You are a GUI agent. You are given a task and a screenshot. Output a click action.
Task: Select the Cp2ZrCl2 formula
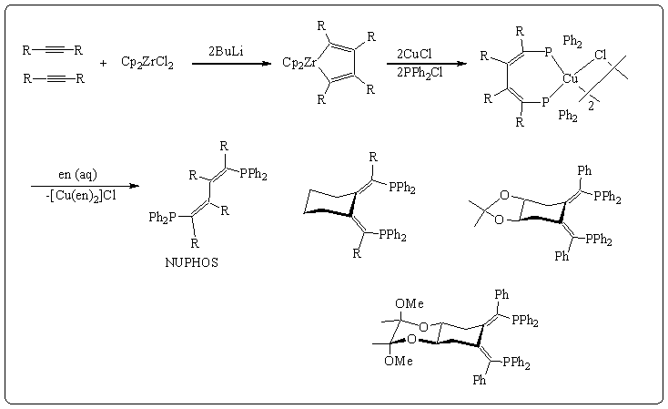pyautogui.click(x=147, y=63)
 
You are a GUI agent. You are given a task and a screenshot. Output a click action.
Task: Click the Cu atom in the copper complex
pyautogui.click(x=572, y=79)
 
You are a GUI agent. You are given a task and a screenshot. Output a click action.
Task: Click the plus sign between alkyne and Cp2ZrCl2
pyautogui.click(x=102, y=63)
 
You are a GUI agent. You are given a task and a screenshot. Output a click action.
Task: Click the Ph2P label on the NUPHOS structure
pyautogui.click(x=165, y=218)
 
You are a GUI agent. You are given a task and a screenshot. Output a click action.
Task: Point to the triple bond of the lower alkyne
pyautogui.click(x=55, y=78)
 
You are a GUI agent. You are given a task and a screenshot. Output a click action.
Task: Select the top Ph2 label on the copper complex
pyautogui.click(x=573, y=41)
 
